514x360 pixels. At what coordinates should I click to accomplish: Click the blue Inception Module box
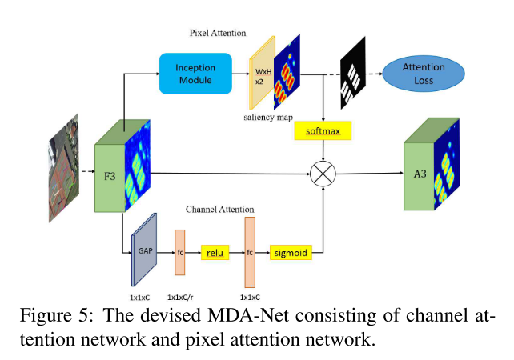195,74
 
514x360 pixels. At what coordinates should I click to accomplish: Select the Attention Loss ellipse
424,74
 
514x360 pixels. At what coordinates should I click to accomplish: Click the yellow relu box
214,253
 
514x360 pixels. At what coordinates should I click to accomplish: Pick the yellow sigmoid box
290,253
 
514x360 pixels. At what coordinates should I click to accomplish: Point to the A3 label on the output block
418,174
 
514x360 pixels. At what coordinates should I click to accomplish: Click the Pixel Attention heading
217,34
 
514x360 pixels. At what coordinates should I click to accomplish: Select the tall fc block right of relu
249,251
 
